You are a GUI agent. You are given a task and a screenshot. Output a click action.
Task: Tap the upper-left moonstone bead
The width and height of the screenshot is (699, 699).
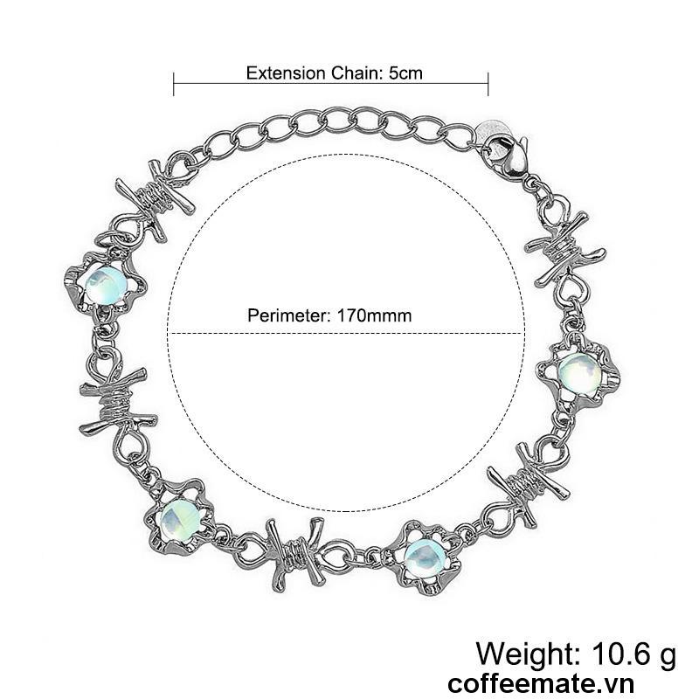106,285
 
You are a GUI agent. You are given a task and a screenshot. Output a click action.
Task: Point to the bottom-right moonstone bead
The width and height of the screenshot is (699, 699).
423,557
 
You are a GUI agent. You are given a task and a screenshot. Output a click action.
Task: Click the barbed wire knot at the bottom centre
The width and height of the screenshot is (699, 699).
296,554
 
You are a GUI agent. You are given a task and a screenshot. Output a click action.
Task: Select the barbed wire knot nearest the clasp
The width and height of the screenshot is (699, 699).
564,250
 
